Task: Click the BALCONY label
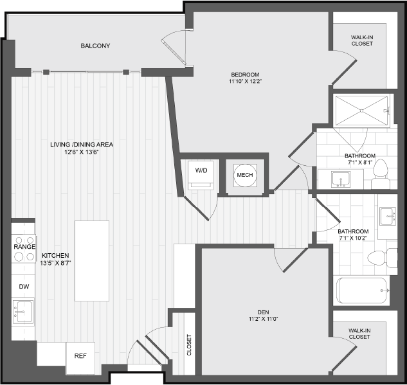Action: pos(95,46)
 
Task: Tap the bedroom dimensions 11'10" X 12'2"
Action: pos(245,81)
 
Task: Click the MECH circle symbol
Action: pos(245,175)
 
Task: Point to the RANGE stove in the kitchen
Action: pos(24,249)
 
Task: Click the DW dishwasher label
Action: pos(24,287)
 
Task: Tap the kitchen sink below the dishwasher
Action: pos(23,312)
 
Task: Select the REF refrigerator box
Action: pos(80,358)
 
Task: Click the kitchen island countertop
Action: pos(92,261)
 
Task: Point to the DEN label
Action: pos(263,312)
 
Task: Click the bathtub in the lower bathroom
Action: pos(361,291)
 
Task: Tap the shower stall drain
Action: pos(361,111)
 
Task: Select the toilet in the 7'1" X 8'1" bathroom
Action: pos(380,174)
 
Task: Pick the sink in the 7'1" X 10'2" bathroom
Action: pos(388,216)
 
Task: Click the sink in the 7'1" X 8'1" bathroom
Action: pos(341,179)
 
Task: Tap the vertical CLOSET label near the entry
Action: pos(189,345)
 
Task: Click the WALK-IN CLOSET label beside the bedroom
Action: pos(362,40)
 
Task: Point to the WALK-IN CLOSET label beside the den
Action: pos(359,334)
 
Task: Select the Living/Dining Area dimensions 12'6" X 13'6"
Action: pos(82,152)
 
